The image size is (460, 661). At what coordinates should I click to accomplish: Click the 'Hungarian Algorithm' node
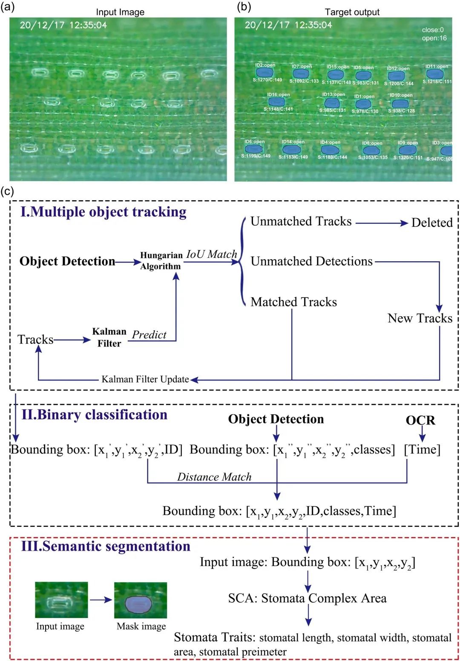point(161,261)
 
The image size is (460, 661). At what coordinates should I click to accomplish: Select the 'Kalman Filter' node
point(109,338)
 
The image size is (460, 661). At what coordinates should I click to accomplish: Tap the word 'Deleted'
point(431,223)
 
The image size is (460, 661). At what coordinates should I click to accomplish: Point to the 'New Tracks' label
point(420,318)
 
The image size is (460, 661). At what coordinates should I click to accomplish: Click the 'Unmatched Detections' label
point(311,261)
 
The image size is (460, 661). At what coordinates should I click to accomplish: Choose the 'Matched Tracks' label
point(293,302)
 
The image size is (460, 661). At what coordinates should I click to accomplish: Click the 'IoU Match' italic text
point(212,254)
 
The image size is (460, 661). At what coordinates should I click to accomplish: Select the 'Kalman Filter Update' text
point(145,379)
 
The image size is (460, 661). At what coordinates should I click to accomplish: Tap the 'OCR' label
point(420,421)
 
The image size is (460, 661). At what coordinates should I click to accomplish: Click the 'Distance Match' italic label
point(214,477)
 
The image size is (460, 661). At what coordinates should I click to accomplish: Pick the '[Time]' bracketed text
point(422,450)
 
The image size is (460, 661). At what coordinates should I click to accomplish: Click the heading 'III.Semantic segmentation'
point(106,546)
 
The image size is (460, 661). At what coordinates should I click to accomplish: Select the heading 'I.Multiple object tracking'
point(103,212)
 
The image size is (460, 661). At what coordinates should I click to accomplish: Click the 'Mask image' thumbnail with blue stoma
point(140,600)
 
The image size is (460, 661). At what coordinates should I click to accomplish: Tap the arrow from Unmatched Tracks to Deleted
point(381,223)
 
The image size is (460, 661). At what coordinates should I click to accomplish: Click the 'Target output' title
point(352,12)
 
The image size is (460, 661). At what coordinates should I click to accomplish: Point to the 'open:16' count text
point(434,38)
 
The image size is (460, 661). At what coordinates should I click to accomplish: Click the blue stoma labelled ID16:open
point(276,102)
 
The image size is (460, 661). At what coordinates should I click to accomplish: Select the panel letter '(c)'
point(7,191)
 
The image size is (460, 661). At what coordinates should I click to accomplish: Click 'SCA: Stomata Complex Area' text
point(307,598)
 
